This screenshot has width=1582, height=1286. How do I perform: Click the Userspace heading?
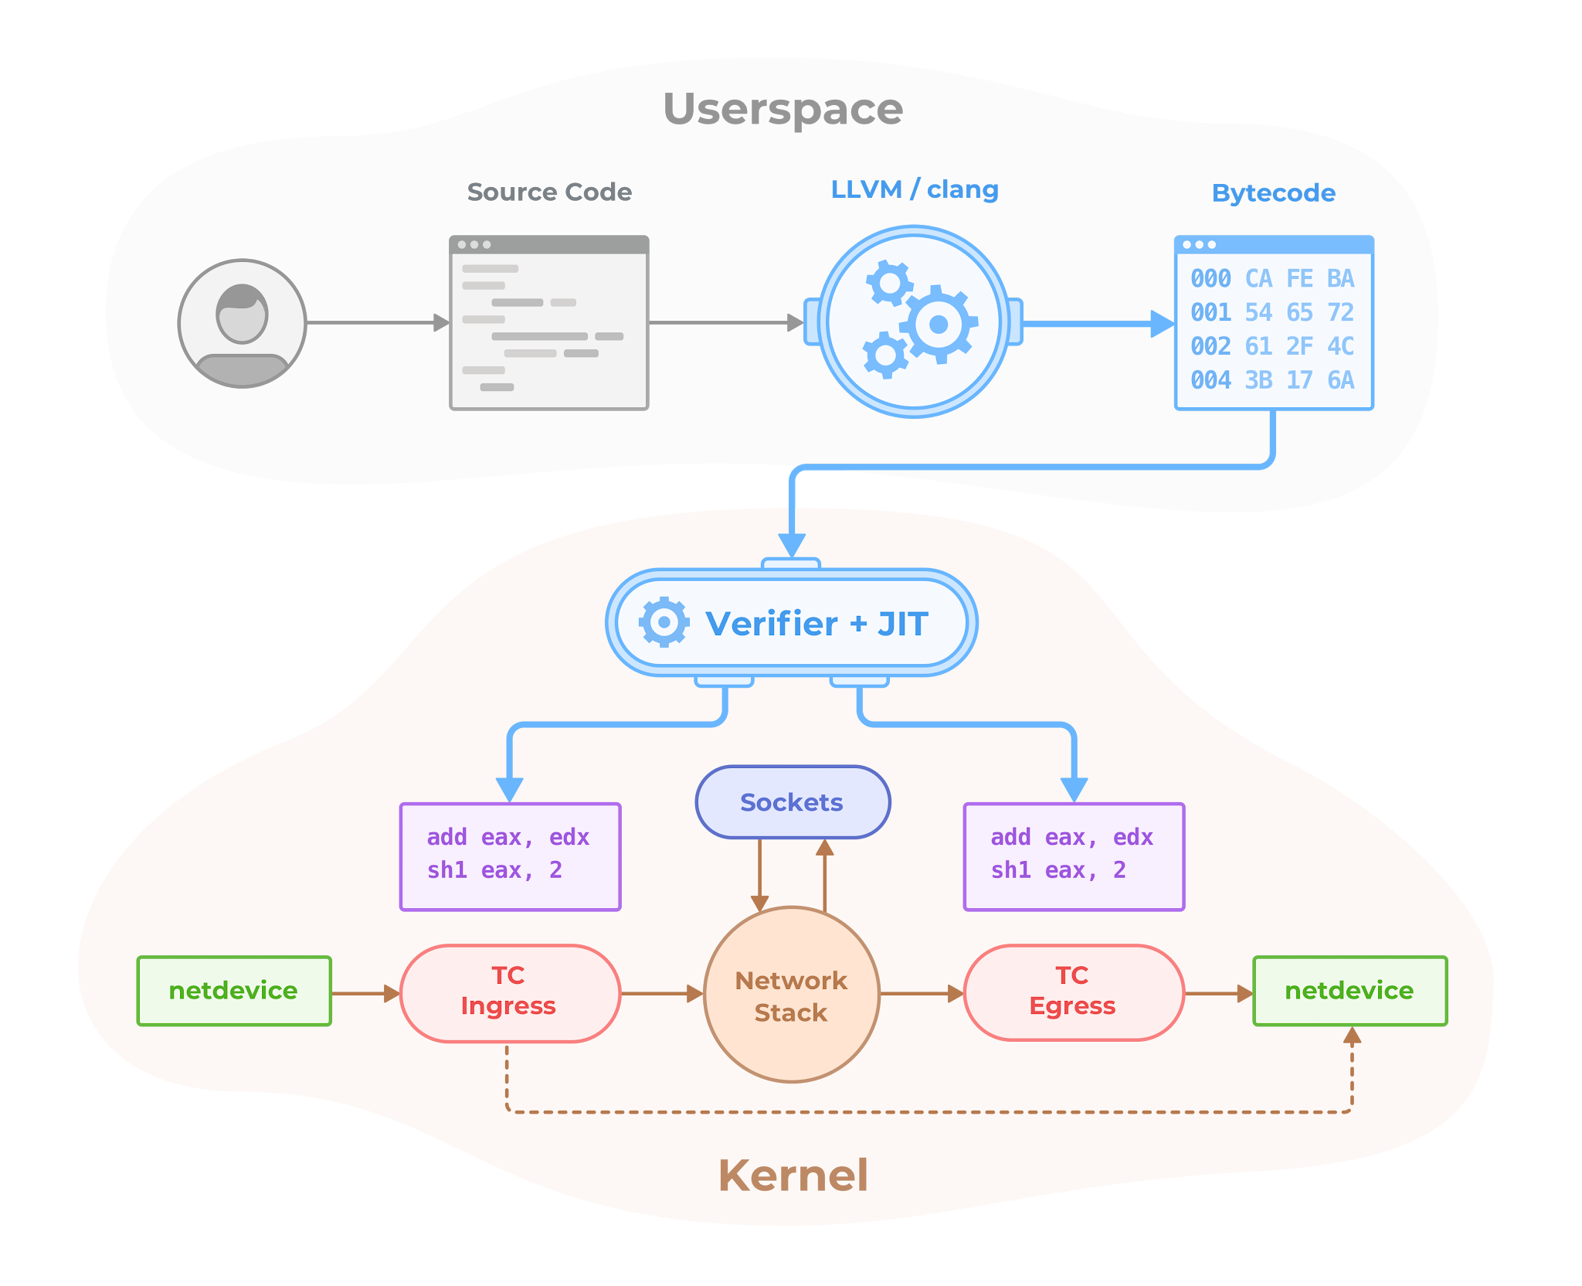tap(783, 108)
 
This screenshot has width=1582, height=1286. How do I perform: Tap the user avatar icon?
tap(242, 323)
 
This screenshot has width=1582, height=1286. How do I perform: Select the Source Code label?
tap(549, 192)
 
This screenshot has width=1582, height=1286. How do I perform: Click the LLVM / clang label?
tap(915, 189)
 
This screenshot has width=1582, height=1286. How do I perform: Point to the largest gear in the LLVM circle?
tap(938, 324)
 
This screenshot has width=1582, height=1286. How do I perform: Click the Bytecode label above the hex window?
tap(1273, 192)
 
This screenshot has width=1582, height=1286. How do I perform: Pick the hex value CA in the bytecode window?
tap(1258, 278)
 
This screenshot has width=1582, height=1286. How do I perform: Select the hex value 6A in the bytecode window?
tap(1340, 379)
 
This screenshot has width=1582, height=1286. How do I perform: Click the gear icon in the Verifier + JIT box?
tap(664, 621)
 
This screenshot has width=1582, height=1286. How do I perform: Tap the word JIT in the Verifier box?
tap(902, 624)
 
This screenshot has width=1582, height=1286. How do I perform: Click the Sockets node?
tap(793, 802)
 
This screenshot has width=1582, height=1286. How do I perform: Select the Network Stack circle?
tap(792, 995)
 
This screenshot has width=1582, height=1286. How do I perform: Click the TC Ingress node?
tap(510, 992)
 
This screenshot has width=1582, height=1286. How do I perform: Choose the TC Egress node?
tap(1073, 992)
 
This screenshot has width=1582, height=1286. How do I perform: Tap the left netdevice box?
tap(233, 991)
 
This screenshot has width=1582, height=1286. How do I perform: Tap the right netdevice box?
tap(1349, 991)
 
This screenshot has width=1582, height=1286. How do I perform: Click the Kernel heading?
tap(793, 1175)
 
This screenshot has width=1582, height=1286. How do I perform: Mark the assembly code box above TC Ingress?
tap(510, 856)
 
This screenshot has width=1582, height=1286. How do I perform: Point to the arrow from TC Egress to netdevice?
tap(1217, 993)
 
